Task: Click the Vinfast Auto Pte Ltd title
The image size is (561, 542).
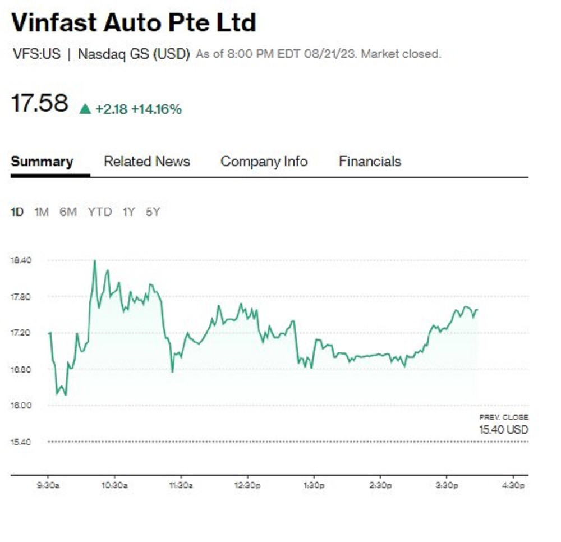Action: tap(134, 23)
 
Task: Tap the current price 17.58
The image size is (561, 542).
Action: tap(39, 104)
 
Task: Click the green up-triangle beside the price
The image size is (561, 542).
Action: tap(85, 109)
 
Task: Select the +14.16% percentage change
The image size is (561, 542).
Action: tap(157, 109)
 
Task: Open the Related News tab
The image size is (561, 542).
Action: tap(147, 162)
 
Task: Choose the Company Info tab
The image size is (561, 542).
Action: tap(264, 162)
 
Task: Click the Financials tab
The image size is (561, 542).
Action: tap(370, 162)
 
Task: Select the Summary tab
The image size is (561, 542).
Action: tap(42, 162)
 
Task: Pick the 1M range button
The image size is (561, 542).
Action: tap(42, 212)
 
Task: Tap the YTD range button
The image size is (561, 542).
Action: tap(99, 212)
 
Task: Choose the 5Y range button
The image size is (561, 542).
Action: tap(153, 212)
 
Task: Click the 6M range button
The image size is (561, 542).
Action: tap(68, 212)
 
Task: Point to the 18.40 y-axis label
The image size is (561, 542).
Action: tap(21, 260)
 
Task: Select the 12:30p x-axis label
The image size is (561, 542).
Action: tap(247, 485)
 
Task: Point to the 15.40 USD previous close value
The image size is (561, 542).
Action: tap(503, 430)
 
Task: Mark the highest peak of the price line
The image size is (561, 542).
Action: tap(94, 260)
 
